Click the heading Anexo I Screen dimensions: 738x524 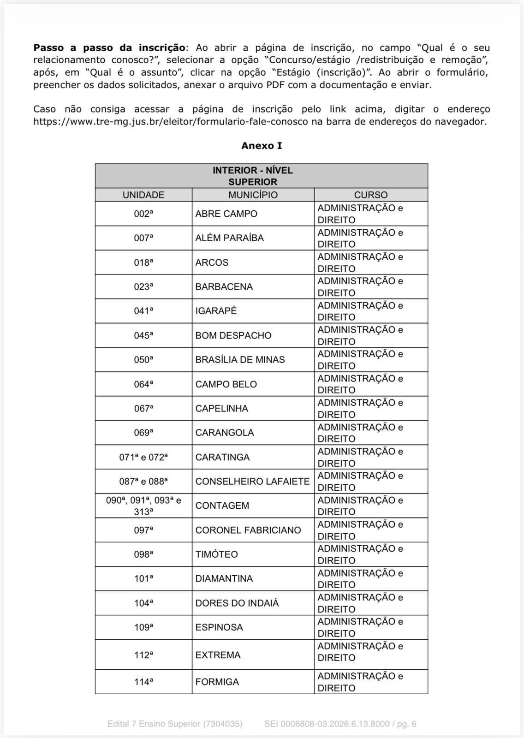tap(262, 146)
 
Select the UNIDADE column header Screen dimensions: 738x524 tap(143, 195)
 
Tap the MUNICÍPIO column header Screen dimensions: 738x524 tap(253, 195)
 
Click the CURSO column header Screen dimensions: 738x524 tap(371, 195)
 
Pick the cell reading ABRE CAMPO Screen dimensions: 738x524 tap(226, 214)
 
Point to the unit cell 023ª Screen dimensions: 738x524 tap(143, 286)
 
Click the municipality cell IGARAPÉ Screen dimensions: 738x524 tap(216, 311)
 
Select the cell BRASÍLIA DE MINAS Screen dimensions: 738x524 tap(240, 359)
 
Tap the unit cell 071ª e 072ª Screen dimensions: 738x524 tap(143, 457)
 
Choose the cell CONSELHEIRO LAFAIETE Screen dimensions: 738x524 tap(252, 481)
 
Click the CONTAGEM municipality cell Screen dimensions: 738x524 tap(222, 506)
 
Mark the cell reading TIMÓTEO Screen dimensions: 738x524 tap(216, 554)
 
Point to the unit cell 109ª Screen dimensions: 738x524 tap(143, 627)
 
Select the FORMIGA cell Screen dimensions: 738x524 tap(217, 682)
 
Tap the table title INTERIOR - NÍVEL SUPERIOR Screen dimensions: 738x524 tap(253, 176)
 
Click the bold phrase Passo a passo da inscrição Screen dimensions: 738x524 tap(109, 48)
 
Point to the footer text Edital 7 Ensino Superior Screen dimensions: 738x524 tap(175, 724)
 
